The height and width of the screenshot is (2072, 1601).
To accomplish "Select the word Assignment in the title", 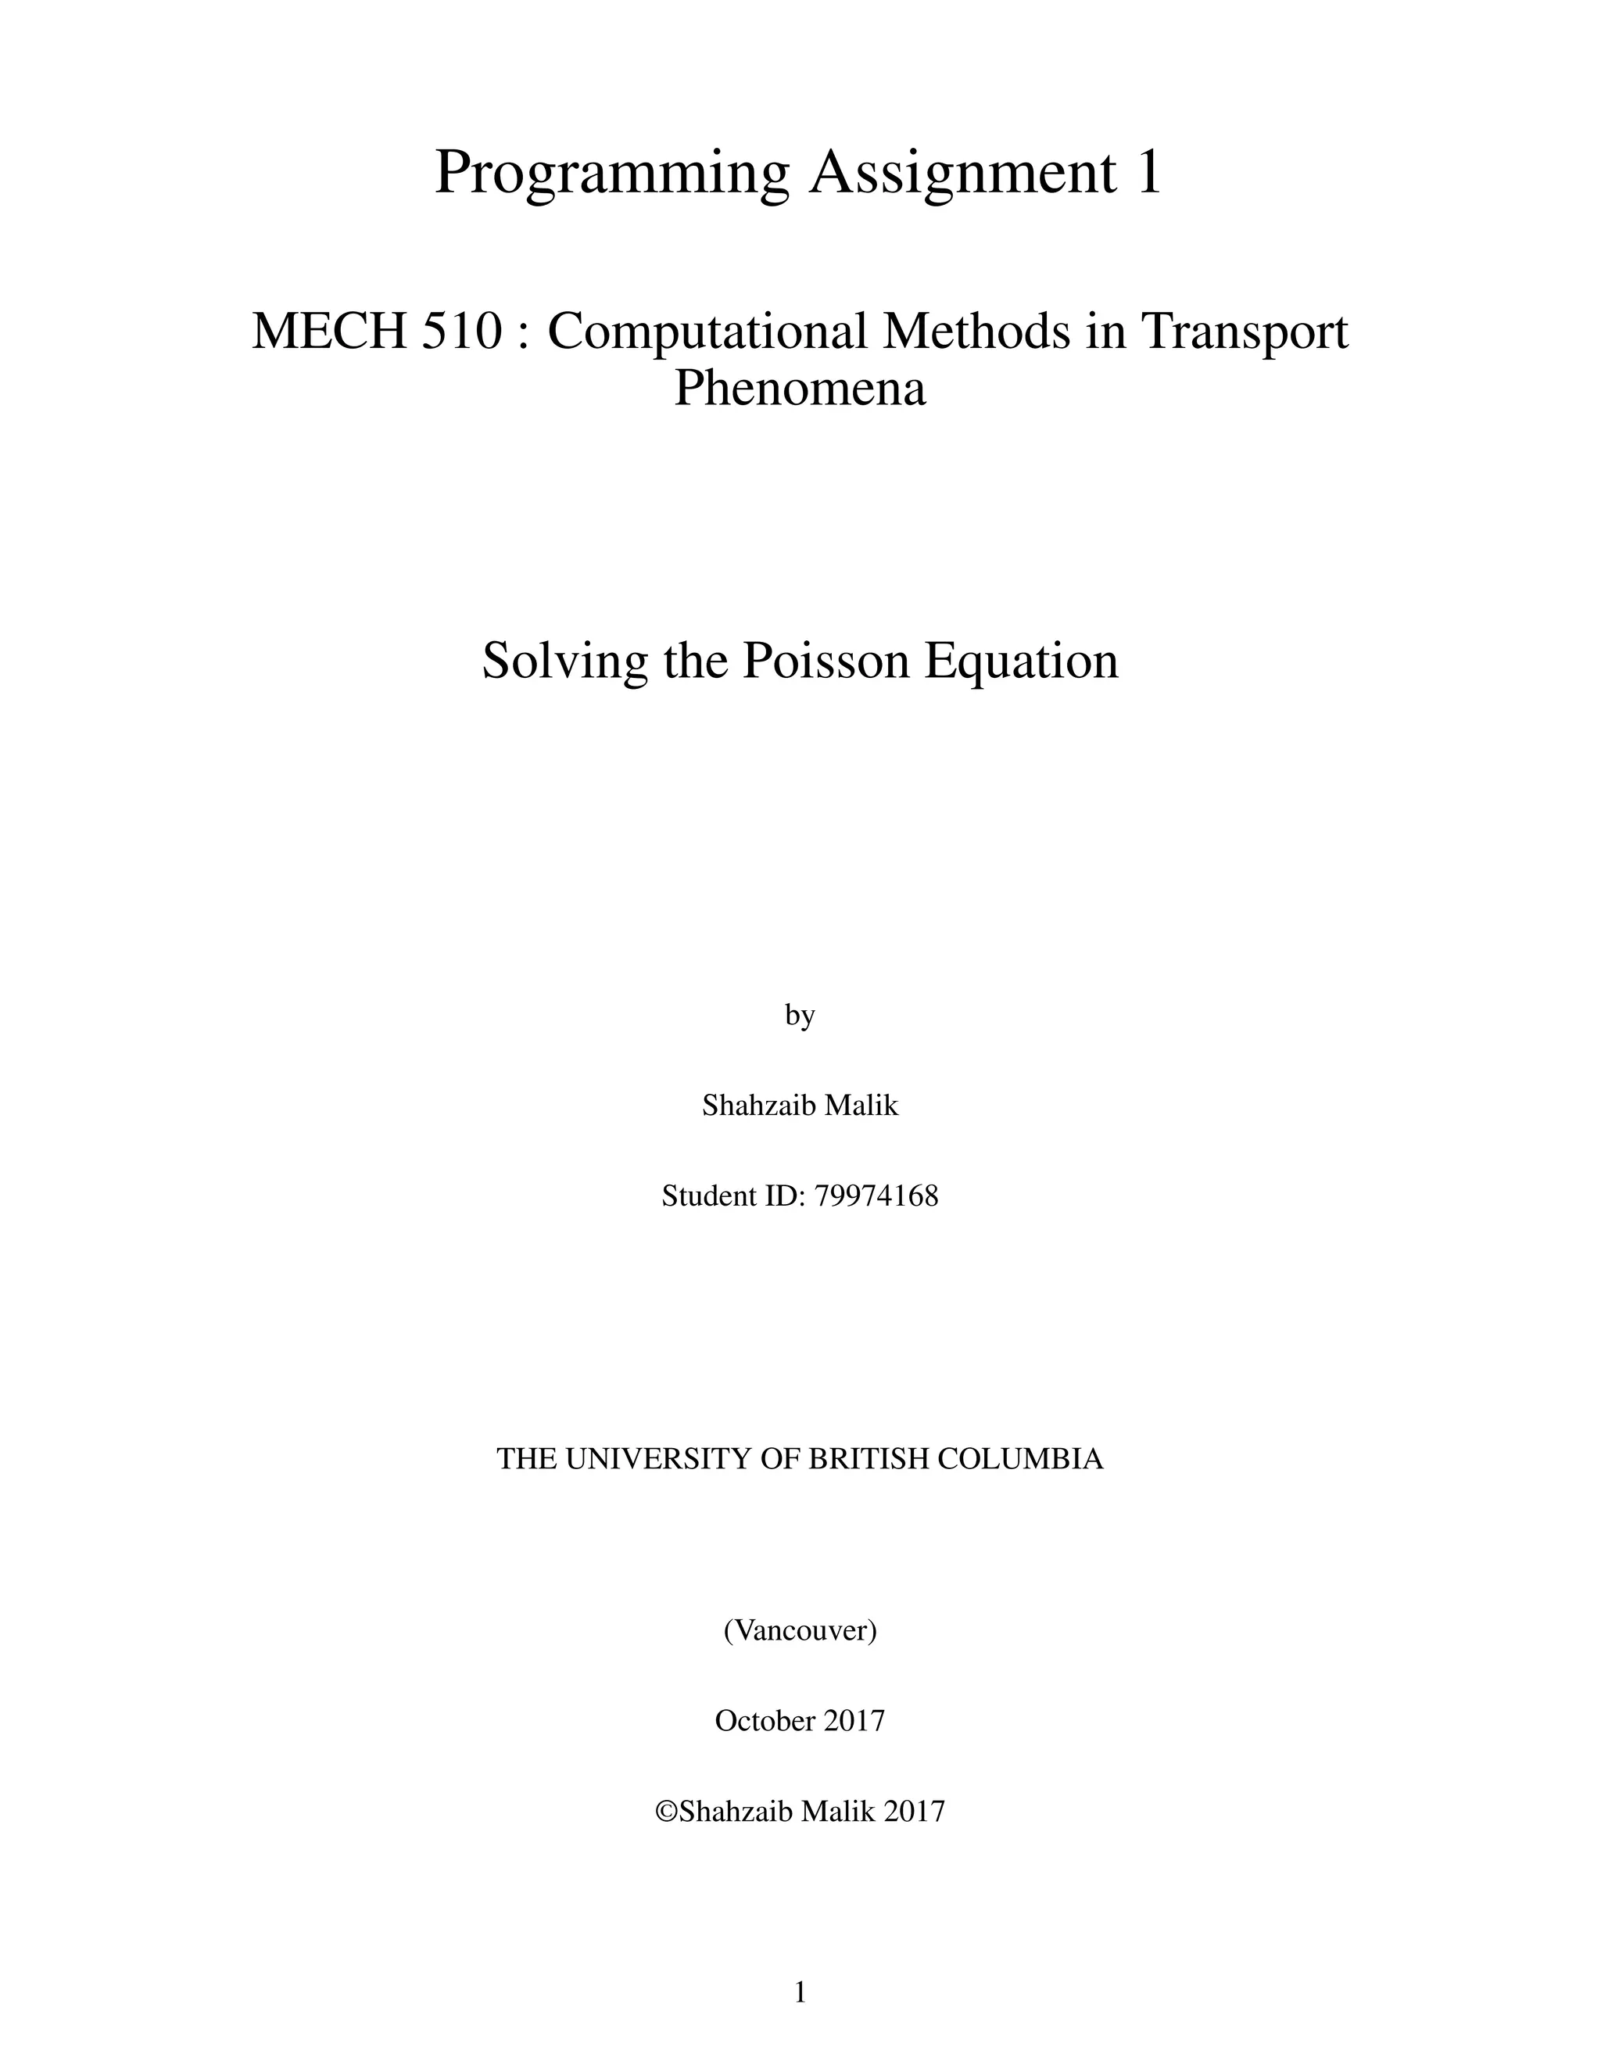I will (962, 173).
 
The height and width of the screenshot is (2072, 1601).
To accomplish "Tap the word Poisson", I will (823, 661).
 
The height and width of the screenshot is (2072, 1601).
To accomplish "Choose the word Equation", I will (1022, 661).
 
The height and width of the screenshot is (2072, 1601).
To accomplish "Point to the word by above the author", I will (800, 1015).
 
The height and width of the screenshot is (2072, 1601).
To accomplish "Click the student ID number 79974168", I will (876, 1196).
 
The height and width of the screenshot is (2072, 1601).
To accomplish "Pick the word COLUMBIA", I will (1020, 1458).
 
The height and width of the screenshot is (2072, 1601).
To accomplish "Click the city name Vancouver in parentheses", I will (800, 1630).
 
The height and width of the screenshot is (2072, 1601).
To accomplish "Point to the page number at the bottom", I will (800, 1992).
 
